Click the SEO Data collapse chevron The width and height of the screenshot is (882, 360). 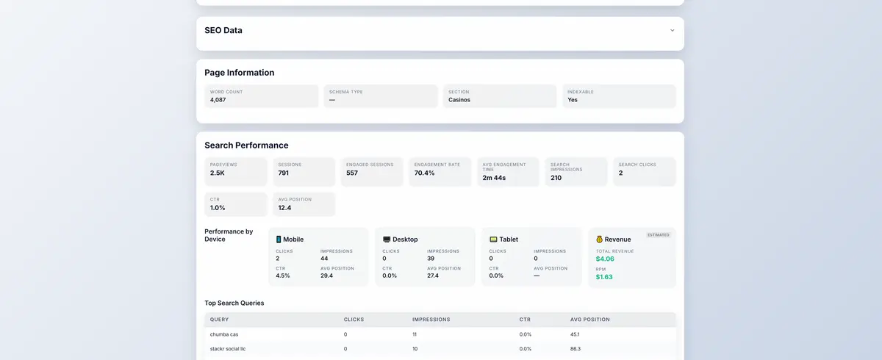click(x=672, y=31)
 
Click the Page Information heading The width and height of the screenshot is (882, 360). click(x=240, y=73)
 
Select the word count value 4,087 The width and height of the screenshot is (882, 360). click(x=218, y=100)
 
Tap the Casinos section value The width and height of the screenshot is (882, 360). click(x=459, y=100)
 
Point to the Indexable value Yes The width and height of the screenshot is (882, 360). click(x=573, y=100)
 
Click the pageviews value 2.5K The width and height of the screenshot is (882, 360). click(x=218, y=173)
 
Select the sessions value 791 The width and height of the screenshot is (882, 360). click(x=284, y=173)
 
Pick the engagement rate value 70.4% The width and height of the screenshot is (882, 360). click(x=425, y=173)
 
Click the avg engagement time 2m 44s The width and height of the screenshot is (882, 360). click(x=495, y=177)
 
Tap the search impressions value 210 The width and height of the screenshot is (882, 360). click(x=556, y=177)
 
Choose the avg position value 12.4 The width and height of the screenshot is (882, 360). click(x=285, y=208)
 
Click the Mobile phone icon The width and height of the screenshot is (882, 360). click(x=279, y=240)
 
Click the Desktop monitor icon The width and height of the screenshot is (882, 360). click(x=387, y=240)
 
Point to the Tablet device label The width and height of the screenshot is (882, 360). click(x=509, y=240)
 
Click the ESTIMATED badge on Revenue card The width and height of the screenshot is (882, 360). click(x=658, y=235)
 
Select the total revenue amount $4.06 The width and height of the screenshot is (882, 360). click(x=605, y=259)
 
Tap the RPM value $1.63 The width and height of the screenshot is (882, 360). click(x=604, y=277)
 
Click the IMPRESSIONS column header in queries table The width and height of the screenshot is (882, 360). click(x=431, y=320)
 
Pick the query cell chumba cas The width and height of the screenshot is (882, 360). click(x=224, y=334)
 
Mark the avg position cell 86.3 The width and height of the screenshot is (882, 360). click(x=576, y=349)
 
